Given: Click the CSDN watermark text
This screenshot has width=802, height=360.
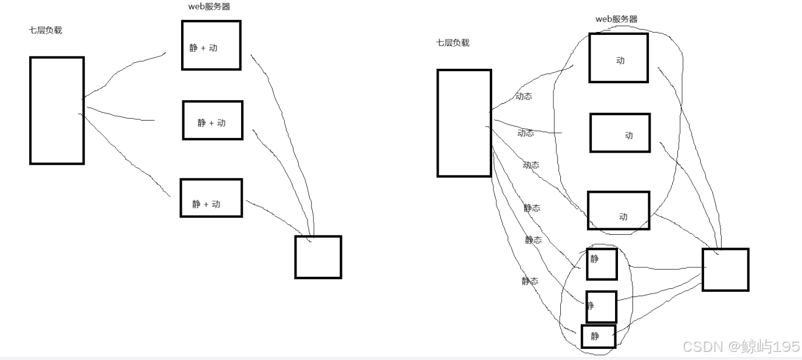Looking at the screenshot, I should (x=741, y=347).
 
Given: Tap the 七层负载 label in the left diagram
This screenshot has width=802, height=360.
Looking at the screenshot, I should (x=45, y=30).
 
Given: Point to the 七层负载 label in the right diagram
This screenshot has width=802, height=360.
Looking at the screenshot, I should (x=453, y=43).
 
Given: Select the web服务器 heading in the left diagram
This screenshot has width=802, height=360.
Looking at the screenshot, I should (x=205, y=7).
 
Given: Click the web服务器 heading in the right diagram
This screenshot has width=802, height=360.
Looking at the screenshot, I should (x=616, y=19).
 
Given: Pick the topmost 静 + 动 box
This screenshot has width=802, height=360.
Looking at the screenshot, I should (x=211, y=45).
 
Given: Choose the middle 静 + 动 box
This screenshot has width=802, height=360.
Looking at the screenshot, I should (x=213, y=120).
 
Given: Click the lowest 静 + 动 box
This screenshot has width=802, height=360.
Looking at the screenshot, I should (x=211, y=198).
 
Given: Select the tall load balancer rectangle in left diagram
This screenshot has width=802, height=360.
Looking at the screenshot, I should (x=56, y=110).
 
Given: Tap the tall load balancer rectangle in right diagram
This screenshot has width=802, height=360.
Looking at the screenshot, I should (x=464, y=123).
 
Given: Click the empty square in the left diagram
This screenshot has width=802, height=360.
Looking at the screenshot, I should (x=318, y=257).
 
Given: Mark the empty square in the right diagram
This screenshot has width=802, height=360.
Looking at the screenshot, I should (x=725, y=270).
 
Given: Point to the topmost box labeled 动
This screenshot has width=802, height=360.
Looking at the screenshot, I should (x=619, y=58).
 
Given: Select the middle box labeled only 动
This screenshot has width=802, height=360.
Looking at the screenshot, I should (x=620, y=133).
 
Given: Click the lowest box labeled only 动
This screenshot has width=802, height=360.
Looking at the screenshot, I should (x=619, y=210).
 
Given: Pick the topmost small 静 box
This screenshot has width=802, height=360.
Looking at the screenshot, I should (x=602, y=264).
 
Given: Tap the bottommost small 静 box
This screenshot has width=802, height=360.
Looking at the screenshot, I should (x=598, y=336).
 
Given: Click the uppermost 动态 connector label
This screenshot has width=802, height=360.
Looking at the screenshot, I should (x=524, y=97).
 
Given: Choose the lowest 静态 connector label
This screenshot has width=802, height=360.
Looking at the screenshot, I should (x=530, y=281).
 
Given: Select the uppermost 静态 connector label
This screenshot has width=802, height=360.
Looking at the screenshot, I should (x=532, y=207).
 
